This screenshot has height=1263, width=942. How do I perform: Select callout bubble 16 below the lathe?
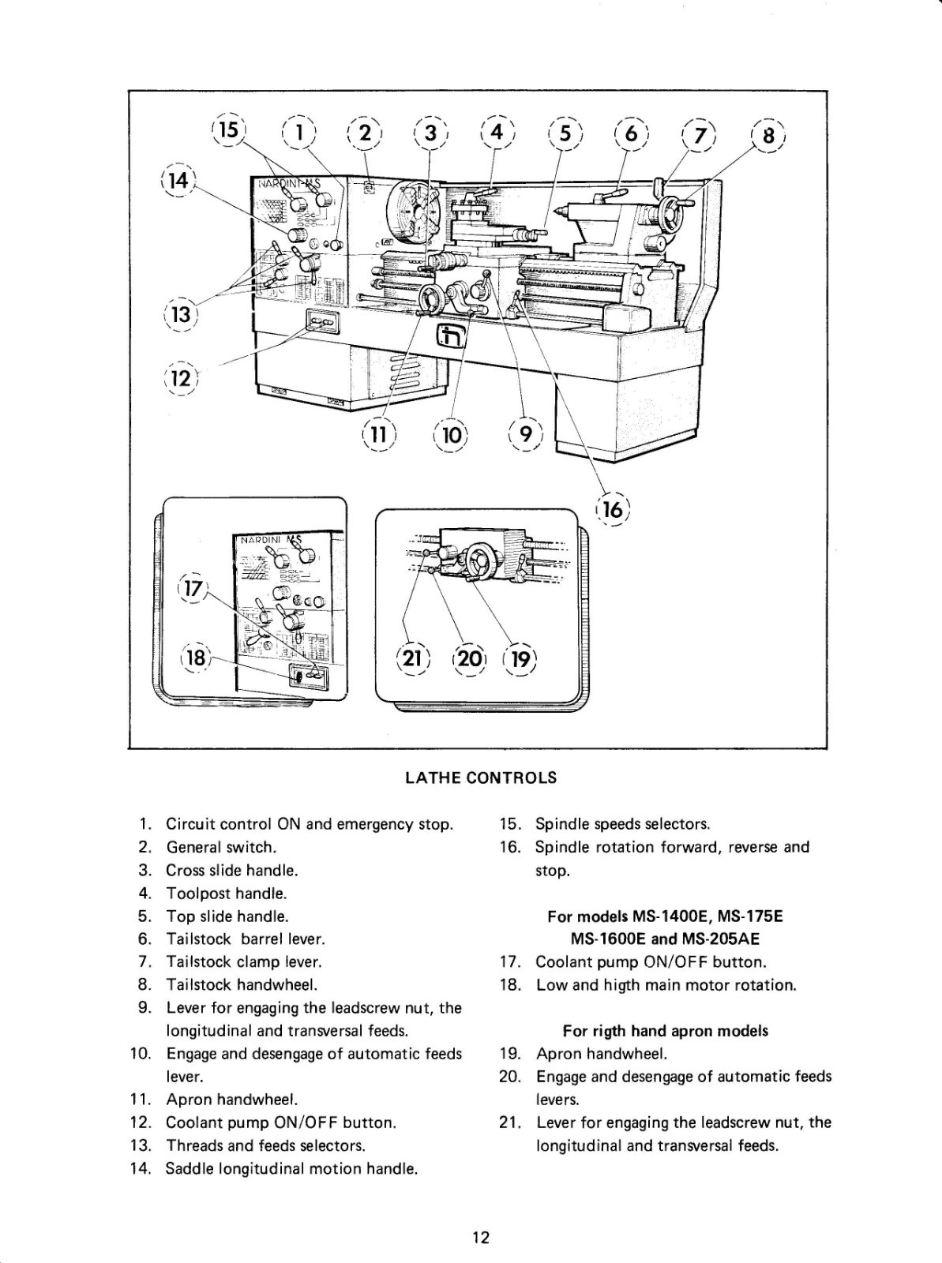[x=613, y=511]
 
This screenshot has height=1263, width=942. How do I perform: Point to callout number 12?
[x=182, y=377]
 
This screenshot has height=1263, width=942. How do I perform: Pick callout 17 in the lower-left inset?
[x=193, y=589]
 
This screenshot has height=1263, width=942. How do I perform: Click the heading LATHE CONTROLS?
[x=480, y=778]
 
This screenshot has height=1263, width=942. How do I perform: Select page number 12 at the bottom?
[x=481, y=1237]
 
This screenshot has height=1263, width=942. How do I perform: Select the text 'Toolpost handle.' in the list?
[x=226, y=894]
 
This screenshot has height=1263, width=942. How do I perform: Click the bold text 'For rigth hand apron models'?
[x=665, y=1031]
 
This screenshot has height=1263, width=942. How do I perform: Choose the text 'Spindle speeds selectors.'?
[x=622, y=825]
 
